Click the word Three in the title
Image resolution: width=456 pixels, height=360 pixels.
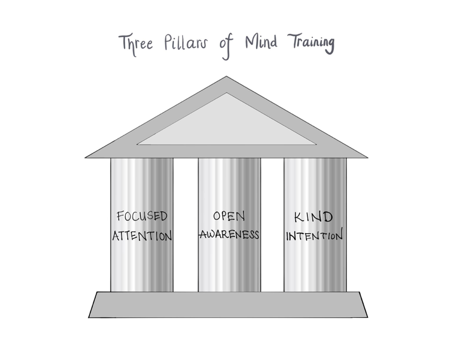[x=135, y=44]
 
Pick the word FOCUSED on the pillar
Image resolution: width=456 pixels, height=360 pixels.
[x=142, y=217]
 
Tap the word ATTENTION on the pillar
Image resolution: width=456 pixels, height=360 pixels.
[x=142, y=235]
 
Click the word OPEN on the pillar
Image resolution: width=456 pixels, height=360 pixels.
[x=229, y=217]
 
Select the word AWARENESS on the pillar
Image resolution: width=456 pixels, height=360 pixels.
[x=229, y=235]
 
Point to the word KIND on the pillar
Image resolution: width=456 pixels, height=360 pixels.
[x=314, y=218]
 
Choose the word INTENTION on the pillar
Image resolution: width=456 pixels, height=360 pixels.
[x=314, y=235]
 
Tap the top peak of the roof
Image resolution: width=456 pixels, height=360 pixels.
[x=226, y=78]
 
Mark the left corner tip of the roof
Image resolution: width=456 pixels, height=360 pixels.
[x=87, y=157]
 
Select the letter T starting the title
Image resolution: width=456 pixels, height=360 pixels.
[x=123, y=43]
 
